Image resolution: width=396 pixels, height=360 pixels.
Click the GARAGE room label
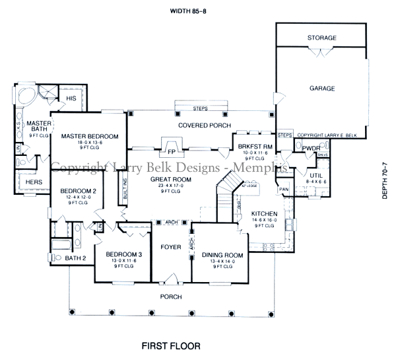tap(321, 88)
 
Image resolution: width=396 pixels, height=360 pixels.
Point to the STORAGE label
tap(321, 38)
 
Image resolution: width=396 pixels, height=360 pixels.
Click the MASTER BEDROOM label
tap(89, 136)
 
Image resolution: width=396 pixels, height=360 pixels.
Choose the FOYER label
tap(171, 248)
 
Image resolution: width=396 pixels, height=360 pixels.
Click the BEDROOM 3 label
tap(123, 255)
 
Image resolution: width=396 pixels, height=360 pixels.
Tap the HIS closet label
tap(71, 98)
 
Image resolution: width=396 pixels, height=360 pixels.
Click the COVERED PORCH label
tap(199, 125)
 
